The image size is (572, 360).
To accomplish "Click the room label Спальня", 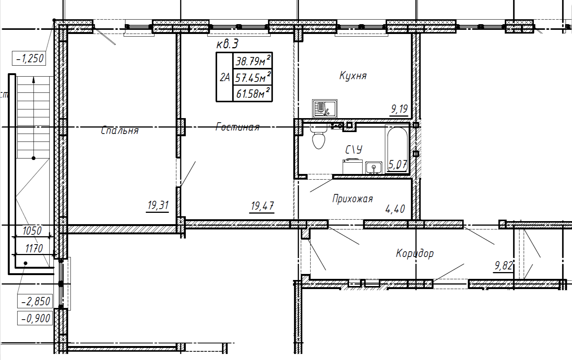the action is (120, 130).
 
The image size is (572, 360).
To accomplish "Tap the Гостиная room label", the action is (238, 127).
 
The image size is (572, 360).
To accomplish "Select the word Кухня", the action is (353, 75).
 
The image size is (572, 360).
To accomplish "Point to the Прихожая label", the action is (353, 198).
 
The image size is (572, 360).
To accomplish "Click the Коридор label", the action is (415, 253).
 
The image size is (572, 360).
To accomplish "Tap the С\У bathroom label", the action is (354, 149).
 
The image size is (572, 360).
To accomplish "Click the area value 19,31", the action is (158, 205).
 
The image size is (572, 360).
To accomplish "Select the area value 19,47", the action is (262, 206).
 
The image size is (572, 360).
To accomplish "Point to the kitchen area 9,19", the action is (399, 109).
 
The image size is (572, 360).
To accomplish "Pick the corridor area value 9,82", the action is (504, 266).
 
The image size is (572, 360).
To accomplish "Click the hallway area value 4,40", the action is (395, 209).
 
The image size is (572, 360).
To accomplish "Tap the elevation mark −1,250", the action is (29, 58).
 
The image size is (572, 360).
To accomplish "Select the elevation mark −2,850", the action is (35, 301).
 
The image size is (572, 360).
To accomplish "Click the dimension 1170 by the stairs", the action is (34, 248).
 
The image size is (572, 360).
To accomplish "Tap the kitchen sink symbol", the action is (325, 109).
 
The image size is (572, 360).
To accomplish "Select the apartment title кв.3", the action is (227, 44).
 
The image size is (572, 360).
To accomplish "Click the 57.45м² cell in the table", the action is (253, 77).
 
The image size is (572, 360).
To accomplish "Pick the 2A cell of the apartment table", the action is (225, 77).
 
